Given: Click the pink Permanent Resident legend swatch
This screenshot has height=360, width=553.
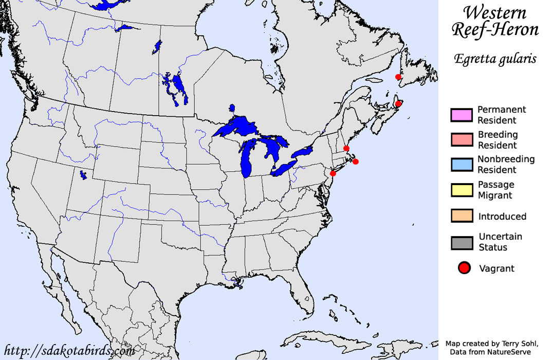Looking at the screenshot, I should click(461, 115).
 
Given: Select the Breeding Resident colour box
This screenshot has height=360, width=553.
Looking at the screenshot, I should click(461, 139).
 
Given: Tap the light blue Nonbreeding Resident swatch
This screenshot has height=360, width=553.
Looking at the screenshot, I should click(461, 164).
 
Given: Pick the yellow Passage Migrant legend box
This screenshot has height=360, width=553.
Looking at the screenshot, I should click(461, 190).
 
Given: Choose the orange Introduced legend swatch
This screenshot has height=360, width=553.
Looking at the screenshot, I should click(461, 215).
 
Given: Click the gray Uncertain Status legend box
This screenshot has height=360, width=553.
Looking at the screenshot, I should click(461, 242).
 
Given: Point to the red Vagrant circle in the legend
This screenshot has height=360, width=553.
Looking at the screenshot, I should click(465, 268).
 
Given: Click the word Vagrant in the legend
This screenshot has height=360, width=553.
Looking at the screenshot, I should click(496, 268).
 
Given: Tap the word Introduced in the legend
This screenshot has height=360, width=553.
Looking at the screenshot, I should click(502, 217).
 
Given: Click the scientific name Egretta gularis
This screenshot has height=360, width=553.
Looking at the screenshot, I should click(495, 59).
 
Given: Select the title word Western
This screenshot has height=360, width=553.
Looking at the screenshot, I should click(494, 13).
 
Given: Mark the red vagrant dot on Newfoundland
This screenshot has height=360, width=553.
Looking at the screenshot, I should click(398, 77).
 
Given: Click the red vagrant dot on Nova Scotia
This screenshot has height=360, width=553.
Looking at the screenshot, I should click(398, 103).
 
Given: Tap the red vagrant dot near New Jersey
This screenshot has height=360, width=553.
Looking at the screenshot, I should click(333, 173).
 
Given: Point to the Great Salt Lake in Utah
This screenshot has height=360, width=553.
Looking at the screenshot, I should click(83, 175).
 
